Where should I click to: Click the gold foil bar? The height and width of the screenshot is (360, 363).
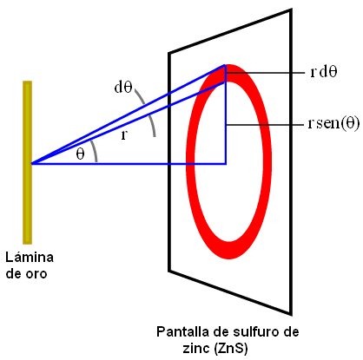click(27, 162)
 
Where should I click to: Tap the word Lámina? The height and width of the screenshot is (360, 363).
click(30, 257)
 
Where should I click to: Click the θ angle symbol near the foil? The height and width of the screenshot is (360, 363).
click(80, 154)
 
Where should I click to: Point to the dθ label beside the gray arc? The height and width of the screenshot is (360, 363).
click(123, 87)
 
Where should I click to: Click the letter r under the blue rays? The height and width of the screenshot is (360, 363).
click(124, 134)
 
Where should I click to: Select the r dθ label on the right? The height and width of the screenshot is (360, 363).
click(324, 72)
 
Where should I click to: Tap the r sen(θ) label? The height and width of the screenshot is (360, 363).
click(333, 123)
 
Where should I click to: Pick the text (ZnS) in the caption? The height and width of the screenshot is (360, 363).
click(231, 349)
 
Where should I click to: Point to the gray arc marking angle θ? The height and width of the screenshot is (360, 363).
click(95, 151)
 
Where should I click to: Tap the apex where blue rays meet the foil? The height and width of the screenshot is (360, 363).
click(31, 164)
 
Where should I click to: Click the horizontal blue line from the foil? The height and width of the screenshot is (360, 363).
click(129, 164)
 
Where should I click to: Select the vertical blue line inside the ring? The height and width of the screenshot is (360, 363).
click(225, 115)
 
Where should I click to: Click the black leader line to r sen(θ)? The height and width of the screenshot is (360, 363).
click(265, 125)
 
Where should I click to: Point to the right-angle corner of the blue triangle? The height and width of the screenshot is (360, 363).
click(226, 164)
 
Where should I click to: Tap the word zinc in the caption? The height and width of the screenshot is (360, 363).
click(196, 348)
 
